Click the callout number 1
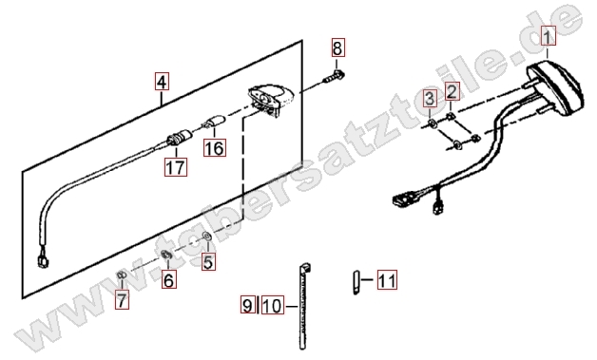click(x=547, y=35)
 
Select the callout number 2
click(x=452, y=91)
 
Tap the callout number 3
click(x=430, y=99)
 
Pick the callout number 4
click(x=162, y=82)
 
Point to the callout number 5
click(x=208, y=261)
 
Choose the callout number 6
click(x=168, y=279)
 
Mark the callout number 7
click(x=122, y=300)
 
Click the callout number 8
click(x=337, y=47)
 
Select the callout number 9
click(x=247, y=305)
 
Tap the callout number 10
click(x=273, y=305)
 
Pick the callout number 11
click(x=387, y=279)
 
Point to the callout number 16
click(x=215, y=147)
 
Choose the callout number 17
click(x=176, y=166)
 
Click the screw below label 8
click(x=335, y=77)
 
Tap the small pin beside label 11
click(x=356, y=282)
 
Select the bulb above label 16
click(x=214, y=122)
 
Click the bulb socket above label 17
click(x=180, y=137)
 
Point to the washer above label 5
click(x=207, y=237)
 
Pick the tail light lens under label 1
click(x=556, y=89)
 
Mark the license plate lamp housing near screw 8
click(x=271, y=100)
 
